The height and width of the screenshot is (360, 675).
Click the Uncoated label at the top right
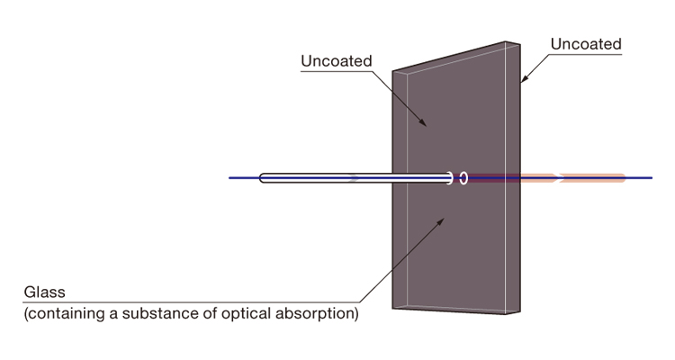click(x=585, y=43)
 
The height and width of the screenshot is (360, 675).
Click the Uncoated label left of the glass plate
click(x=335, y=61)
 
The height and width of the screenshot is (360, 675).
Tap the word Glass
click(x=44, y=293)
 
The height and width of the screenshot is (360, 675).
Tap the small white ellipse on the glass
click(x=463, y=178)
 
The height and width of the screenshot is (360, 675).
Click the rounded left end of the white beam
click(x=264, y=178)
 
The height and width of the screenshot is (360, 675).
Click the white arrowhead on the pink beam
click(x=561, y=178)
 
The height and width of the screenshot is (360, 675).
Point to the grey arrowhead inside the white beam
click(x=354, y=178)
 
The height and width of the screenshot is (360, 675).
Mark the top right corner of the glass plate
click(x=520, y=41)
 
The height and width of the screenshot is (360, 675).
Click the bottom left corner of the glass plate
click(x=393, y=306)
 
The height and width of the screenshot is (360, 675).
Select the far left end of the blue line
click(x=230, y=178)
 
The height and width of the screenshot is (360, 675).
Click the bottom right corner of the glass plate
click(x=520, y=313)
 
